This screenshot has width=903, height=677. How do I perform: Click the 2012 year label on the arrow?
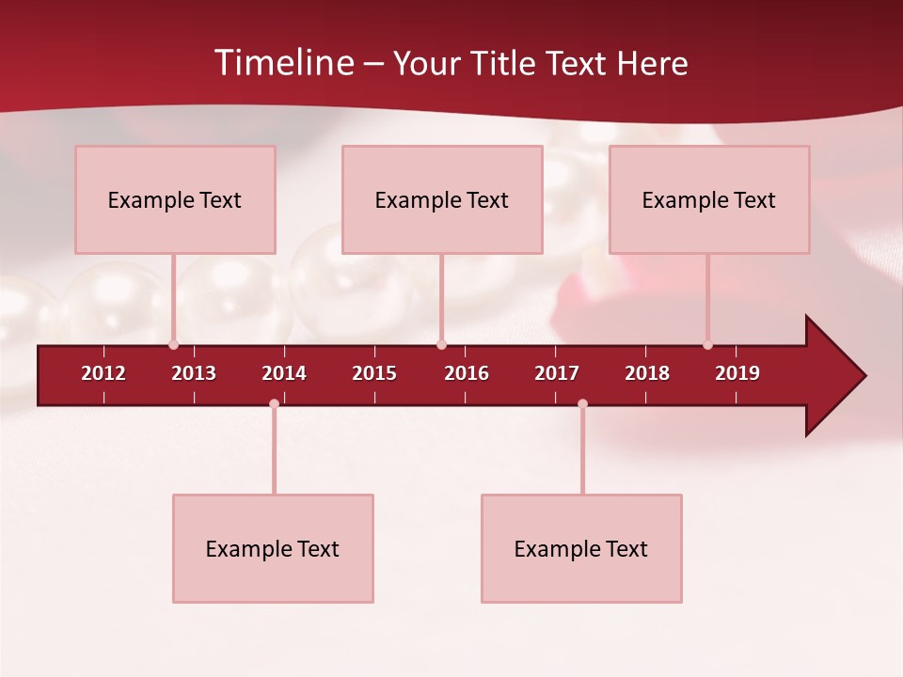(103, 373)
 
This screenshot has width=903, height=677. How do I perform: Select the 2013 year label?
(194, 373)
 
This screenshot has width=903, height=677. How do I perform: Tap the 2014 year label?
(284, 373)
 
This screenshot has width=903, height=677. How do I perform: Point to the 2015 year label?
(374, 373)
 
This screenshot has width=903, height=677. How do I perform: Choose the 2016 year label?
(467, 373)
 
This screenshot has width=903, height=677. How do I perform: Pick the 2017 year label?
(557, 373)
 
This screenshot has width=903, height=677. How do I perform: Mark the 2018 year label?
(647, 373)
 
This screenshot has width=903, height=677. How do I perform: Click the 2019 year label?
(737, 373)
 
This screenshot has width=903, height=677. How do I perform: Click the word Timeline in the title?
(283, 63)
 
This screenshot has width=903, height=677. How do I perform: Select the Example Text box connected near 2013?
(175, 199)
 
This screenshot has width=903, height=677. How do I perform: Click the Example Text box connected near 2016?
(442, 199)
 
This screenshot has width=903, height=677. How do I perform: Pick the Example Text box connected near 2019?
(709, 199)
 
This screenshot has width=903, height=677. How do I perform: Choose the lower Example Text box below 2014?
(273, 548)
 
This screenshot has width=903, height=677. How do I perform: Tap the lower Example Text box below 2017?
(581, 548)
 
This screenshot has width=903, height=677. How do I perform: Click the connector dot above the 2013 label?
(173, 345)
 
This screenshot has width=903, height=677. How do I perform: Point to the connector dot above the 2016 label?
(441, 345)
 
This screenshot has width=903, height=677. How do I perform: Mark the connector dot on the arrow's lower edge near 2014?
(274, 404)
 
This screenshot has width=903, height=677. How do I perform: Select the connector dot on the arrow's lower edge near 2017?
(582, 404)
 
